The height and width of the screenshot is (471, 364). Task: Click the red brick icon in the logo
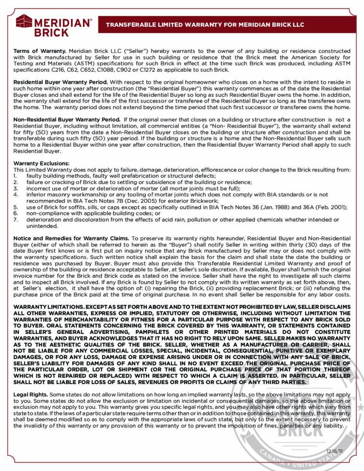click(x=24, y=21)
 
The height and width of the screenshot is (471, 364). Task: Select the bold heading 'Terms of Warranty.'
click(x=40, y=51)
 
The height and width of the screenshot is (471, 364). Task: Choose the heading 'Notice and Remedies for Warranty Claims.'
click(x=71, y=238)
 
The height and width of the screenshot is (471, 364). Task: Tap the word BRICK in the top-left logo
click(x=52, y=33)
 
